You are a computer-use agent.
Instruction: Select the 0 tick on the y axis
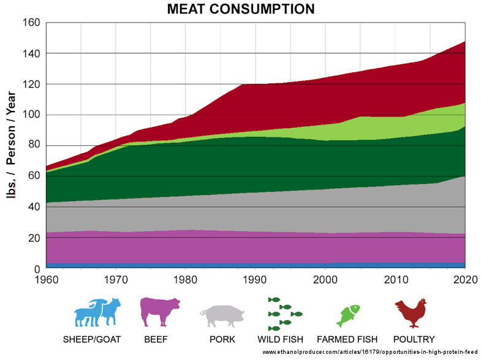[x=37, y=269]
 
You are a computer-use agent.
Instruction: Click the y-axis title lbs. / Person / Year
[x=10, y=146]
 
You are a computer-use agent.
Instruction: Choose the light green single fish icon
[x=347, y=315]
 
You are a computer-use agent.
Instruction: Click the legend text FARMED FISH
[x=346, y=339]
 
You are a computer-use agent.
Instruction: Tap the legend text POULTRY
[x=414, y=339]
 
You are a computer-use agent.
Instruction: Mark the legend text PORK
[x=222, y=339]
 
